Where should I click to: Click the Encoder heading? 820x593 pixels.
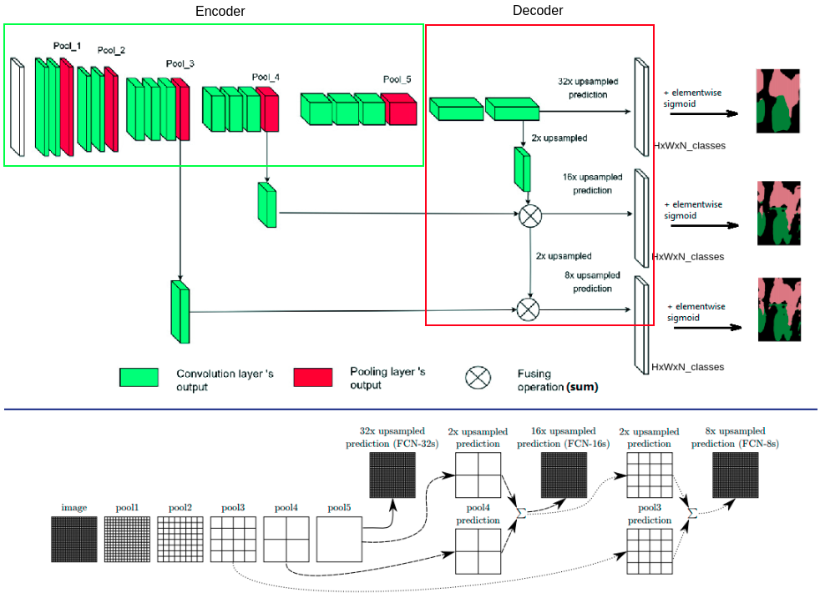[220, 11]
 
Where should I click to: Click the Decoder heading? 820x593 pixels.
[537, 10]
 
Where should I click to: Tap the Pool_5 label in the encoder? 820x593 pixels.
[397, 79]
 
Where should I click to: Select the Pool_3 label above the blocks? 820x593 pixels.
[180, 63]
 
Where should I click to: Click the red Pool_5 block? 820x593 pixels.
[399, 109]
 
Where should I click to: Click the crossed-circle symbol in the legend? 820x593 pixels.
[478, 377]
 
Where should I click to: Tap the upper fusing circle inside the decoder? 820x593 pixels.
[530, 215]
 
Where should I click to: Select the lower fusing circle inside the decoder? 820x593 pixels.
[527, 309]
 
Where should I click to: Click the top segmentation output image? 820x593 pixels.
[777, 101]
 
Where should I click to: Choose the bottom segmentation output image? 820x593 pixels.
[779, 309]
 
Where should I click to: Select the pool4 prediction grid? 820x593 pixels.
[478, 551]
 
